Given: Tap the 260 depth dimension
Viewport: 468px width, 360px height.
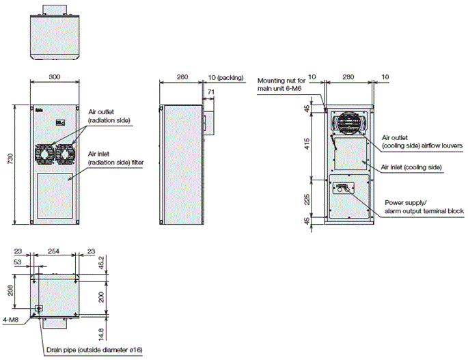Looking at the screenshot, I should coord(182,77).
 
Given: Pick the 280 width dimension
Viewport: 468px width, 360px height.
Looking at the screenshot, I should coord(349,77).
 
